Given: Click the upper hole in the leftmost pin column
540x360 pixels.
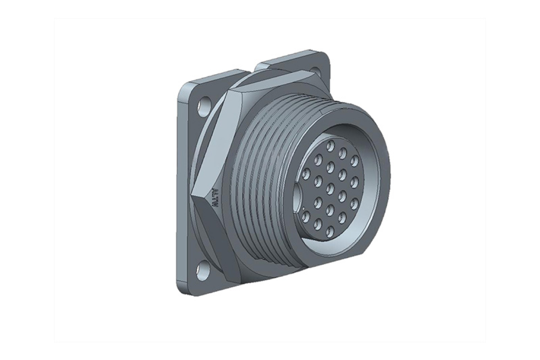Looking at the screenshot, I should click(x=306, y=174).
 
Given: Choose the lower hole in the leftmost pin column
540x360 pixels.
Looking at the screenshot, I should click(x=306, y=214).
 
